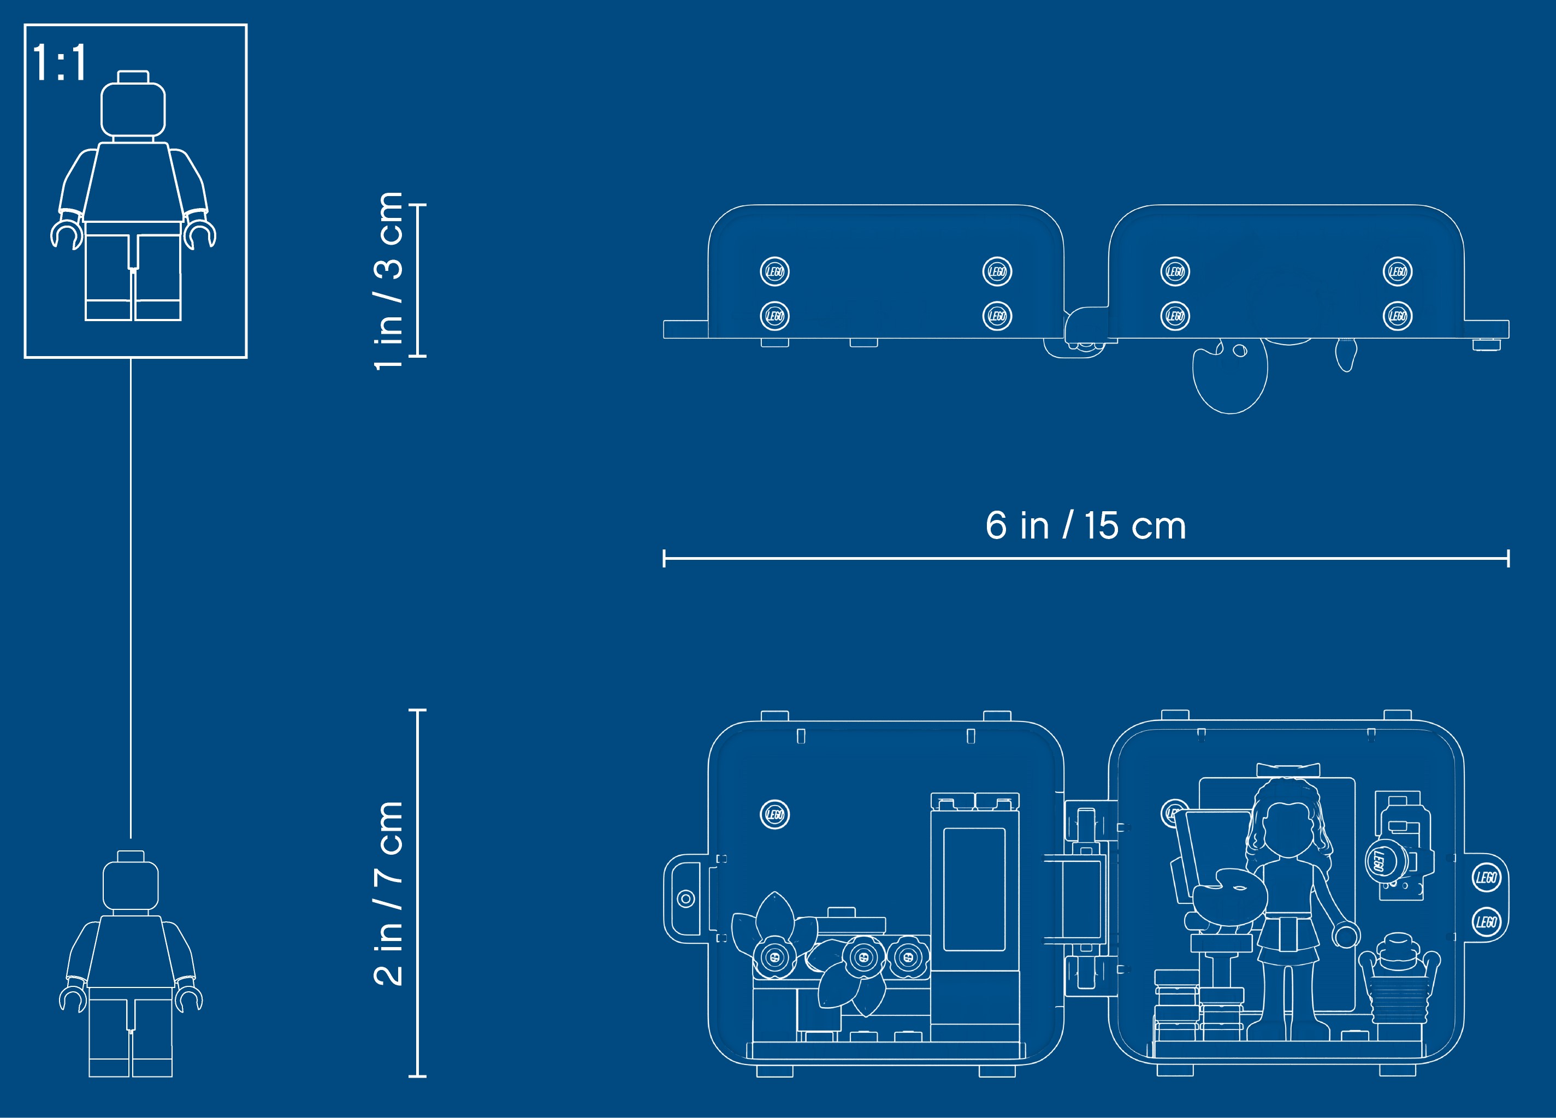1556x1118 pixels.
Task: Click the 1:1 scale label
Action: (60, 62)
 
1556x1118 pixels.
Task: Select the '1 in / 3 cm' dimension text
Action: (388, 281)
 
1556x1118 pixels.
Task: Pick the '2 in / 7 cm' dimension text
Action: (388, 893)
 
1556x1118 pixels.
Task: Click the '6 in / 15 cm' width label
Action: (1086, 525)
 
